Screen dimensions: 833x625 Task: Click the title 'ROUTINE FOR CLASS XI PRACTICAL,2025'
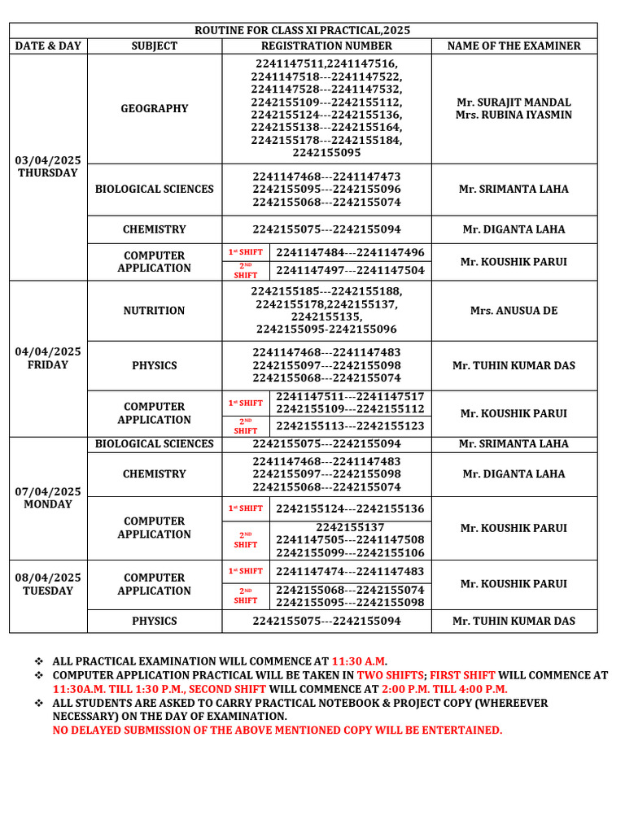point(302,30)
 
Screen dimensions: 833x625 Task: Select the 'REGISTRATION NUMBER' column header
point(326,46)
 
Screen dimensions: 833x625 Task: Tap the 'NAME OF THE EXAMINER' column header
point(514,46)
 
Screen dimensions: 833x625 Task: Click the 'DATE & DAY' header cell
point(48,46)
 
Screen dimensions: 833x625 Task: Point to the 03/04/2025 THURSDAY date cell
point(48,166)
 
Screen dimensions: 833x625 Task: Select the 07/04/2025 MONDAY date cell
point(48,497)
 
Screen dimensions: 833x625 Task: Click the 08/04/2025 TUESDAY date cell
point(48,584)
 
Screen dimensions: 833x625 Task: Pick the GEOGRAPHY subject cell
point(154,108)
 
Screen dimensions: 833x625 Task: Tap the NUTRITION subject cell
point(154,311)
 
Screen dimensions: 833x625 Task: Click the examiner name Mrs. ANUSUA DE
point(514,311)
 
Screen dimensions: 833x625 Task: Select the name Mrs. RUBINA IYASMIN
point(514,115)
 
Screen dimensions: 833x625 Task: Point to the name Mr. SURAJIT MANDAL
point(514,102)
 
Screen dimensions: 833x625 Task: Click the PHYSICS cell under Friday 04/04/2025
point(154,365)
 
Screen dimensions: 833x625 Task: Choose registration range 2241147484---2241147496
point(350,252)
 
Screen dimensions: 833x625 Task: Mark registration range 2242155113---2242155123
point(350,425)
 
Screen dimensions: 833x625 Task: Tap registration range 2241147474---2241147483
point(350,571)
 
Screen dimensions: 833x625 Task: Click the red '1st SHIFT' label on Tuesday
point(245,571)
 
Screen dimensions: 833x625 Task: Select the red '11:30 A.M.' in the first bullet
point(360,661)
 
